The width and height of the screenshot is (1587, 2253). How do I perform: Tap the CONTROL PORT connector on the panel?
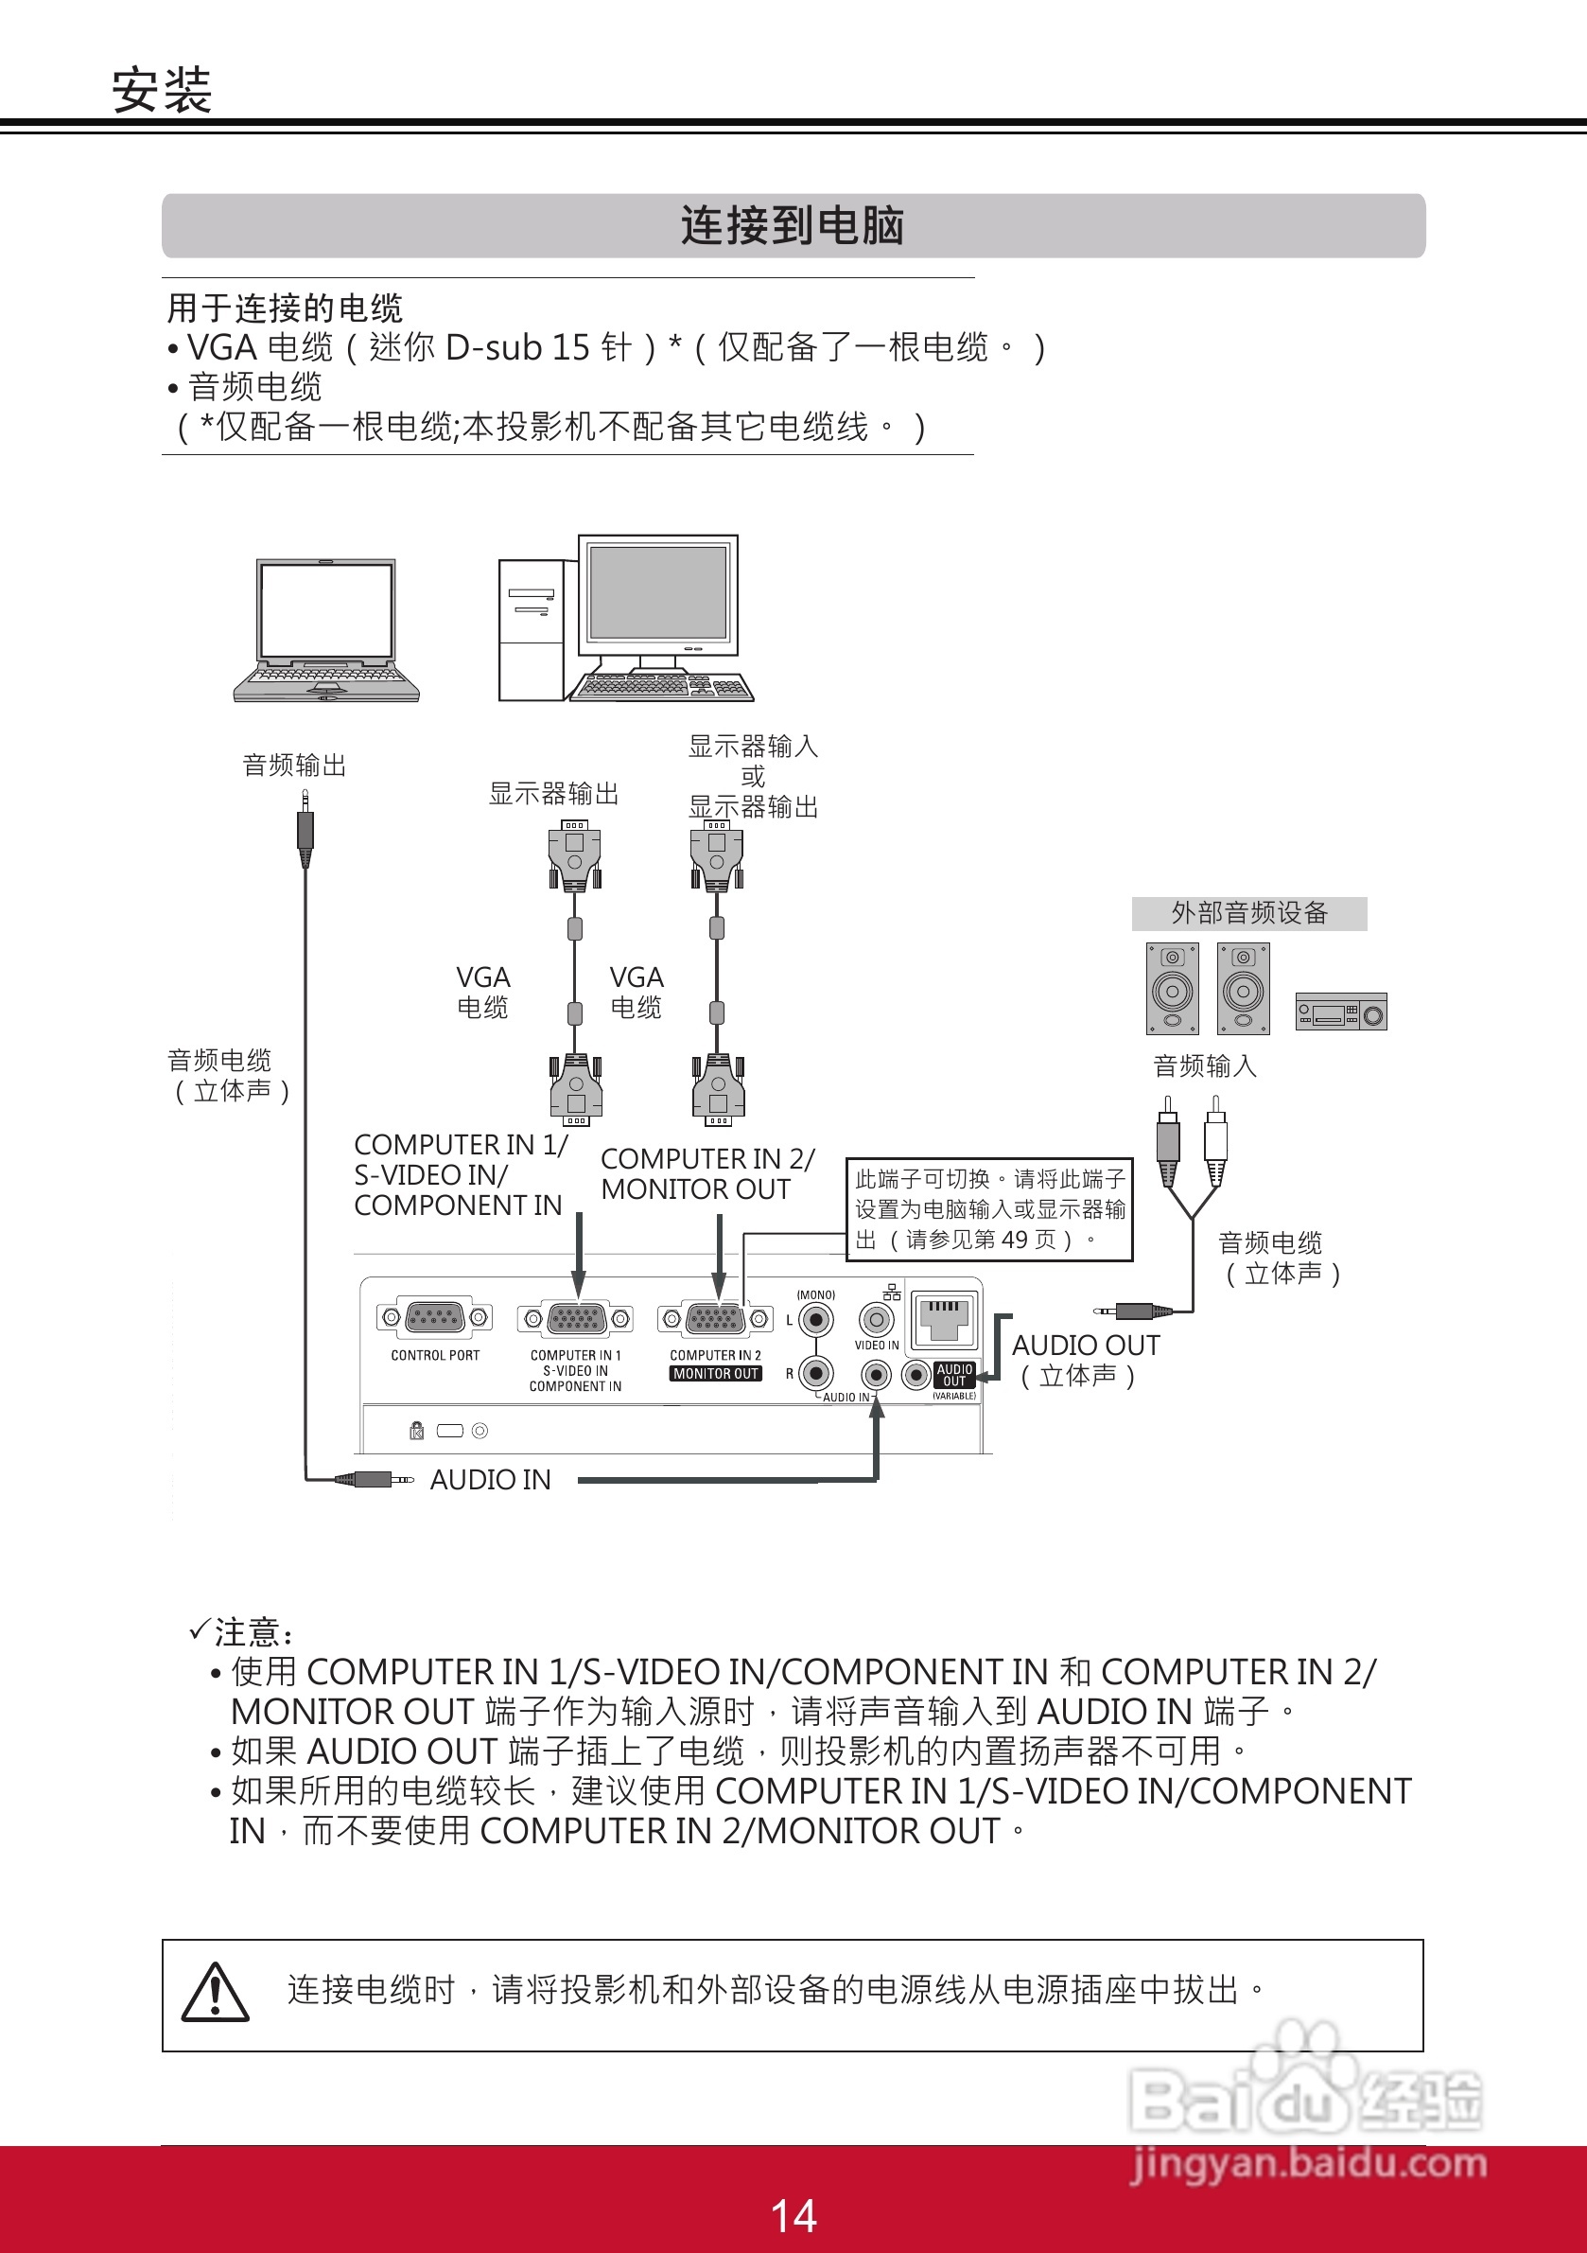[434, 1318]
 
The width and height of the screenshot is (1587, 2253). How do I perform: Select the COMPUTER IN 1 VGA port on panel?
[576, 1319]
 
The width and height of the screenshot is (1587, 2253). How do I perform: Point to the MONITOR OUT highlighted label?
[716, 1374]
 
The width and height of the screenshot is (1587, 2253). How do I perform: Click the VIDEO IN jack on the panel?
[876, 1320]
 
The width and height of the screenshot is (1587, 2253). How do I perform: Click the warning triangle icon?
[216, 1993]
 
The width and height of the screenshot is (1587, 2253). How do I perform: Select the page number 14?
[793, 2215]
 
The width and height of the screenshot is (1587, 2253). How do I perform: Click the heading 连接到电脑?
[793, 226]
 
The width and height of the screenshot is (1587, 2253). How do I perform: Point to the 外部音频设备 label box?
[1248, 913]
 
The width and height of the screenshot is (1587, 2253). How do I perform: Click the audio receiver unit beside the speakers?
[1341, 1012]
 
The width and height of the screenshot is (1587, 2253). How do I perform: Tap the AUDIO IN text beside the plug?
[491, 1480]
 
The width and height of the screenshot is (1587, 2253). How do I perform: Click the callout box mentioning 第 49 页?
[989, 1209]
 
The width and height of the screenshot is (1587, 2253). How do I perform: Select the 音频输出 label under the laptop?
[294, 766]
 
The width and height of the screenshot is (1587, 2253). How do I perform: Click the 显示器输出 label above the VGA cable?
[554, 794]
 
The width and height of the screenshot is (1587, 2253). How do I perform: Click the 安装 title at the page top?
[162, 91]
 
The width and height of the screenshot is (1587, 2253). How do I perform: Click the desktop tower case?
[531, 629]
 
